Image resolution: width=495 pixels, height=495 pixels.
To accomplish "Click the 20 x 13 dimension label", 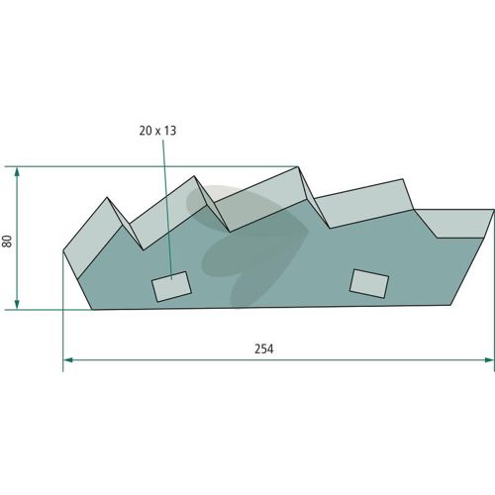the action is (x=157, y=131).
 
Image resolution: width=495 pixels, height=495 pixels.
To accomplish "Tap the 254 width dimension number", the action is (x=264, y=348).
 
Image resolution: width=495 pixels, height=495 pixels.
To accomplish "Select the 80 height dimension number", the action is (x=7, y=241).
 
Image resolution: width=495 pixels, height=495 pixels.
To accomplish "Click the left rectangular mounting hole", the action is (x=171, y=286).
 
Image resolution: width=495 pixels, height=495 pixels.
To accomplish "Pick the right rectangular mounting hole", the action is (x=369, y=284).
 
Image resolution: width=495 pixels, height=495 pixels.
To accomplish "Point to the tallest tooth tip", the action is (x=298, y=166).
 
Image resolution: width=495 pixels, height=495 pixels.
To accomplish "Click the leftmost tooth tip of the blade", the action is (x=107, y=197).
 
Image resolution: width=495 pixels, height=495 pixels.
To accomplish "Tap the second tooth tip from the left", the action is (x=194, y=176).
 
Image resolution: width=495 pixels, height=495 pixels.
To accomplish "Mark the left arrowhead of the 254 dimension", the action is (x=67, y=359).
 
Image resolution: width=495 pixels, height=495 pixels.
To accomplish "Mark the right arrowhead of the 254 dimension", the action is (x=490, y=359).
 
